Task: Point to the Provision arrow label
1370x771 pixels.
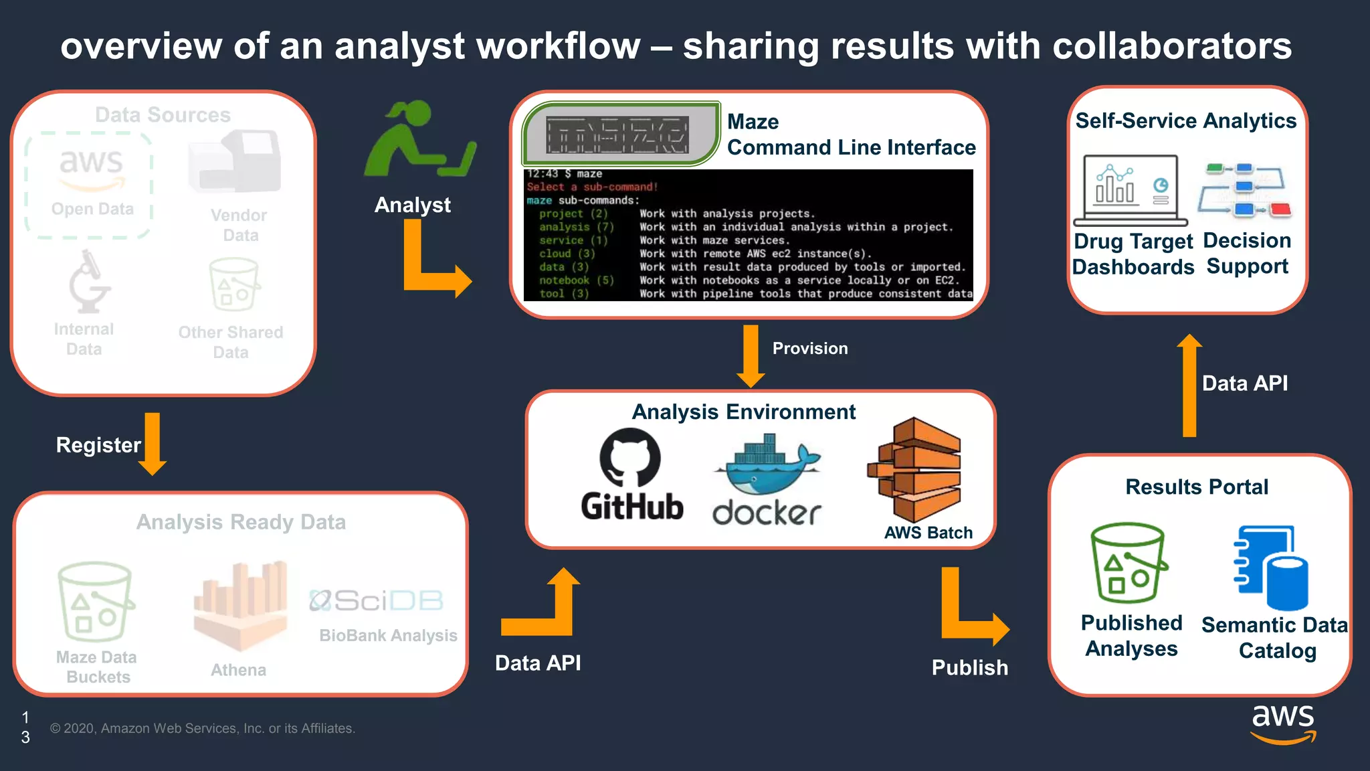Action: point(809,348)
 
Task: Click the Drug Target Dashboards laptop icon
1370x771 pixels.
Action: point(1130,190)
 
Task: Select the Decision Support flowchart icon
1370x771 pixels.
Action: point(1244,190)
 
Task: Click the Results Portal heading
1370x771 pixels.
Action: point(1196,487)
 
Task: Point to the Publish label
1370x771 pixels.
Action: point(969,667)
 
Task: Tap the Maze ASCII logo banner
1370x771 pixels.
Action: point(617,134)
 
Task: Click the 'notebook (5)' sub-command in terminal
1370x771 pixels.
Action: point(575,280)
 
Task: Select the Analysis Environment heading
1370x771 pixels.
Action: point(743,412)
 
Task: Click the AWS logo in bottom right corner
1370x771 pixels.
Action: point(1282,723)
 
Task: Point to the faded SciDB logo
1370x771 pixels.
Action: point(376,600)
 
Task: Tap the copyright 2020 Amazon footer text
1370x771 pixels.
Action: point(202,728)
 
